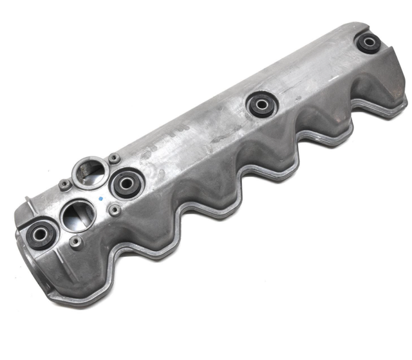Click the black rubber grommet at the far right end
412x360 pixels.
369,43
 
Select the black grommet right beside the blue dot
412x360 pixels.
124,183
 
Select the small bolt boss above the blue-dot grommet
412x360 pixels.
114,156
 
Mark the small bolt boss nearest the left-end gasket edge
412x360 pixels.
76,243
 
